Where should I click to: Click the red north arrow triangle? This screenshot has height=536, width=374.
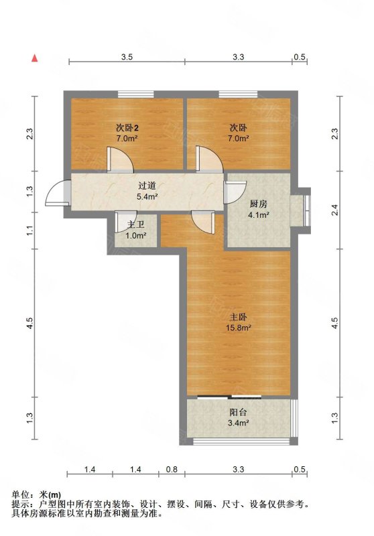point(35,58)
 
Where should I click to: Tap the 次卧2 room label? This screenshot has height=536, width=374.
point(127,128)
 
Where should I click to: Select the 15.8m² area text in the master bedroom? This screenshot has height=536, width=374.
point(239,328)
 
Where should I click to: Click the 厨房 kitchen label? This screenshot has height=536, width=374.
point(258,204)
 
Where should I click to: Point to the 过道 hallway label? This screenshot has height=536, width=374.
point(147,186)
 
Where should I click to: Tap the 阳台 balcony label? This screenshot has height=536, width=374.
point(239,413)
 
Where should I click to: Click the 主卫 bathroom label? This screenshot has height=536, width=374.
point(135,224)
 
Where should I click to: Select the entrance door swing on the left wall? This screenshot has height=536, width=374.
point(58,193)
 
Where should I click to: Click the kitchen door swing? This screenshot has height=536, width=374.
point(235,192)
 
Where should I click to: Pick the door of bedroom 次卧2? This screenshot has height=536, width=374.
point(120,159)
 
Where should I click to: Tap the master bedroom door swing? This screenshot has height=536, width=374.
point(203,222)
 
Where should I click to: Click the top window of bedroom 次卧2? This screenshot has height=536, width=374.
point(135,94)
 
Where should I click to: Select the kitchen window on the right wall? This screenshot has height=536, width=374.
point(307,210)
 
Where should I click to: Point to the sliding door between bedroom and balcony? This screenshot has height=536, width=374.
point(229,397)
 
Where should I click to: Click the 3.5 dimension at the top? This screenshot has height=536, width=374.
point(127,57)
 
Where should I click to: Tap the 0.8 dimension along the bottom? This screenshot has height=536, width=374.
point(172,470)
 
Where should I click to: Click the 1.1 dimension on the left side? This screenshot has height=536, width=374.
point(30,230)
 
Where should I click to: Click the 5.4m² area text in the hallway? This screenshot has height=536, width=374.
point(147,196)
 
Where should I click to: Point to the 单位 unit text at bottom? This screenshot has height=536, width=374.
point(21,494)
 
